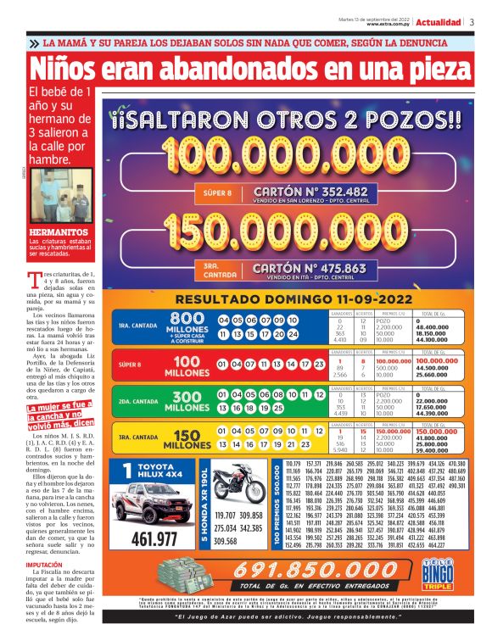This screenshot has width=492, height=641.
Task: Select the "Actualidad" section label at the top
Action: coord(439,22)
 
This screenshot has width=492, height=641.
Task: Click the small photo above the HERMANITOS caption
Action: coord(61,197)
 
